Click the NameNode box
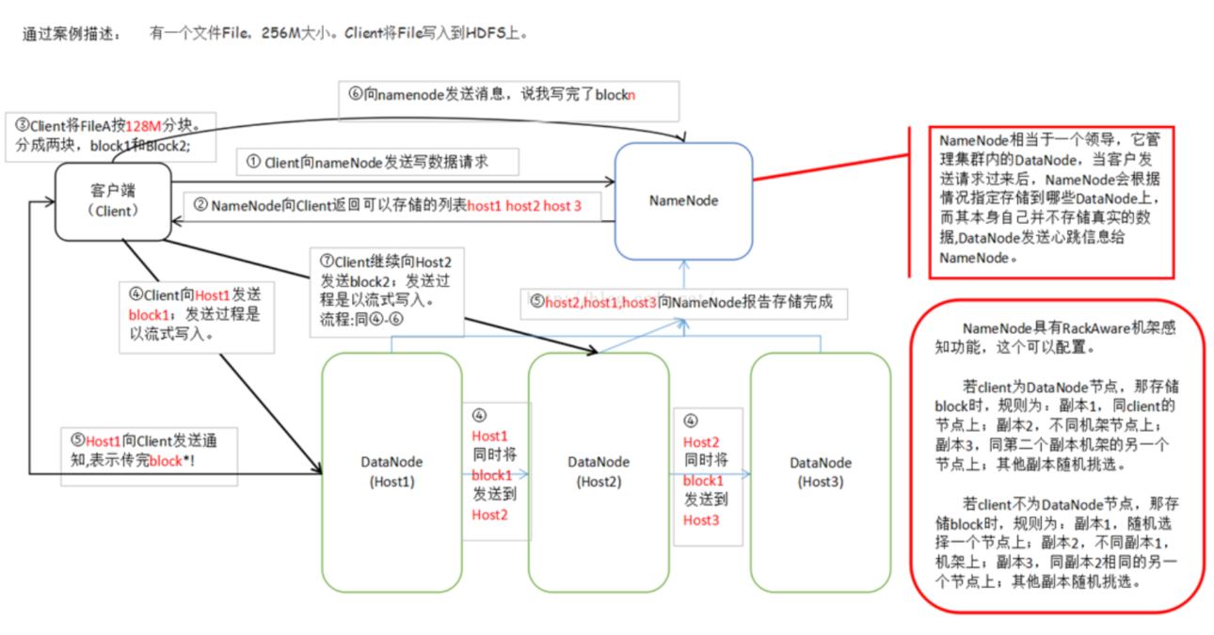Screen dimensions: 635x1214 tap(683, 200)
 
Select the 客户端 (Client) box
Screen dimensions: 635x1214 tap(113, 200)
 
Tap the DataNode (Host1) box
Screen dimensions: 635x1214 tap(391, 471)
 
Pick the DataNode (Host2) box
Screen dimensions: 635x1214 tap(599, 471)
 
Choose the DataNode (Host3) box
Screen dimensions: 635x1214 tap(820, 471)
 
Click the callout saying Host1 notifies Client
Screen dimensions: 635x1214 tap(149, 452)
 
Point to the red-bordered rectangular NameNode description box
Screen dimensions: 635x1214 tap(1052, 202)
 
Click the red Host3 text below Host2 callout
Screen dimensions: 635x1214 tap(700, 520)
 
